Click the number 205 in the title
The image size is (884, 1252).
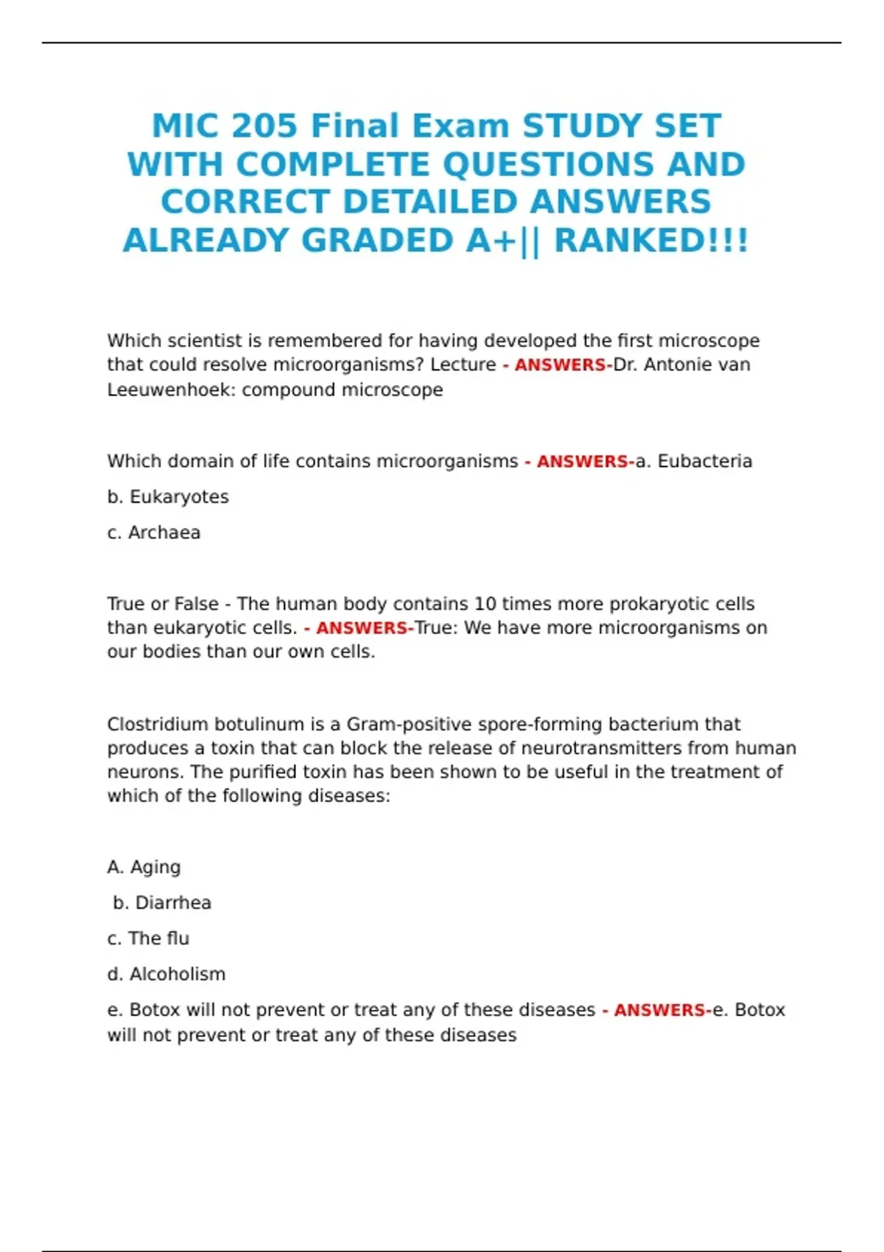coord(264,126)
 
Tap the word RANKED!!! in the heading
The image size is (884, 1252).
coord(651,241)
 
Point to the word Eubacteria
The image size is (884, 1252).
coord(704,462)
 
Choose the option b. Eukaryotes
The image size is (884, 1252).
coord(168,497)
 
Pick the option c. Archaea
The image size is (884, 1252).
coord(154,532)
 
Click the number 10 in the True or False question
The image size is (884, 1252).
coord(485,604)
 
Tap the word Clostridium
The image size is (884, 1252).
coord(163,724)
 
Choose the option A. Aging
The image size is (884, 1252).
coord(144,867)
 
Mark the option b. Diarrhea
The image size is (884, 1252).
coord(162,903)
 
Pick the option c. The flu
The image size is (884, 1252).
coord(148,938)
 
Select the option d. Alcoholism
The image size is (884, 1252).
coord(166,974)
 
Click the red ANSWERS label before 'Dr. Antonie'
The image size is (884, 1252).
coord(560,365)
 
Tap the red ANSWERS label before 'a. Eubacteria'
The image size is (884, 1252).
coord(582,462)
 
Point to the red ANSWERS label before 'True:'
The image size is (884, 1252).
coord(362,628)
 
